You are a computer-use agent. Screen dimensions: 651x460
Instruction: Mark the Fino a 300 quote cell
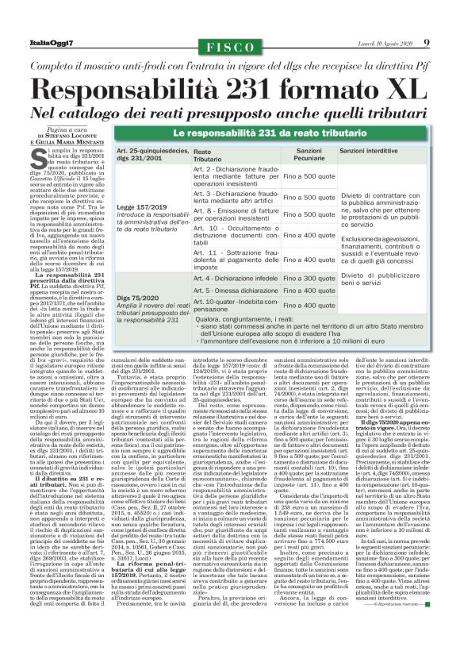pyautogui.click(x=309, y=279)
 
